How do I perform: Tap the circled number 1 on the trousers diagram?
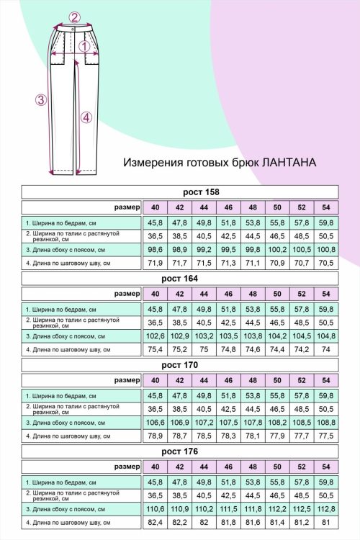84,47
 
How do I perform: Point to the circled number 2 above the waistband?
74,17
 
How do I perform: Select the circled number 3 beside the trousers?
41,100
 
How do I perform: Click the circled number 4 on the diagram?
86,117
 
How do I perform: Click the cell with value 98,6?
156,249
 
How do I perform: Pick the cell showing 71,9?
156,264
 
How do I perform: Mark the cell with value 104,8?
325,336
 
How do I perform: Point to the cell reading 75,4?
156,350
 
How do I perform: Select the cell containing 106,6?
156,422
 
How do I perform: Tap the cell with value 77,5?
325,436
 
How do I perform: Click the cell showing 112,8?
325,508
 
